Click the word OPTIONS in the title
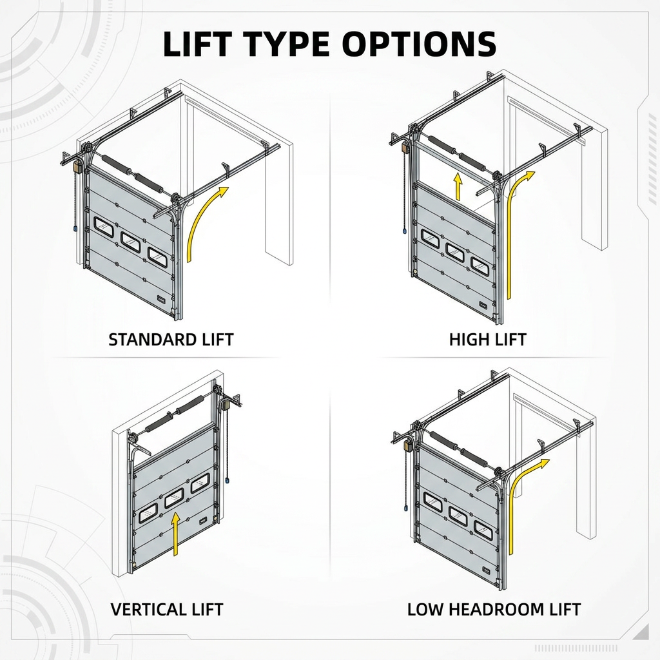(x=419, y=44)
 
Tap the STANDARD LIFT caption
(x=171, y=340)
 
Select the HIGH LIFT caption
(x=487, y=340)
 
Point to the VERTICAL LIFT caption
(x=167, y=610)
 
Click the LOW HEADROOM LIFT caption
(x=494, y=610)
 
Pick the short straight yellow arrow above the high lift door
(x=458, y=186)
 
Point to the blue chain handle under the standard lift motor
(x=75, y=229)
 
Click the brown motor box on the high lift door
(x=406, y=147)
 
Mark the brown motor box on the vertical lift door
(x=227, y=405)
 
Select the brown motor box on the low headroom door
(x=407, y=446)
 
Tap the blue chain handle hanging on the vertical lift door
(x=228, y=480)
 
